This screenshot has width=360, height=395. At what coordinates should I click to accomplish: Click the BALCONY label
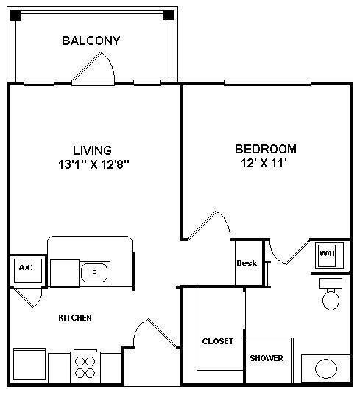click(x=91, y=41)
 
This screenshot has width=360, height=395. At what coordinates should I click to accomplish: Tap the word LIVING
click(x=92, y=150)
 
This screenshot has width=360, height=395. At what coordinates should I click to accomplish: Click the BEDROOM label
click(x=265, y=149)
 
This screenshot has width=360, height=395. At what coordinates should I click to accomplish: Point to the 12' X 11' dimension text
click(x=263, y=163)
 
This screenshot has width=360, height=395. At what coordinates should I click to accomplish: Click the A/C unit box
click(x=26, y=268)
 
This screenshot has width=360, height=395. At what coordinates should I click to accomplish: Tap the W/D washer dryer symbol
click(x=325, y=254)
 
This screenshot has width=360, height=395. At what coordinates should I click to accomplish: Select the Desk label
click(x=246, y=263)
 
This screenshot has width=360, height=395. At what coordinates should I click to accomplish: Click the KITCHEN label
click(x=75, y=318)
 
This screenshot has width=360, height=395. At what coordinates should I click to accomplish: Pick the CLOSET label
click(x=217, y=341)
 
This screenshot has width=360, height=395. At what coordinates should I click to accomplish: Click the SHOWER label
click(x=266, y=359)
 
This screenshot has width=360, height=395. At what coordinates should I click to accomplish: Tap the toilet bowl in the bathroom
click(x=331, y=299)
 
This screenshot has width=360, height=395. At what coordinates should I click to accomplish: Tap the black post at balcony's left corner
click(x=14, y=14)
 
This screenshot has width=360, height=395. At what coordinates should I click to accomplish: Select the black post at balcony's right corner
click(x=168, y=14)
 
